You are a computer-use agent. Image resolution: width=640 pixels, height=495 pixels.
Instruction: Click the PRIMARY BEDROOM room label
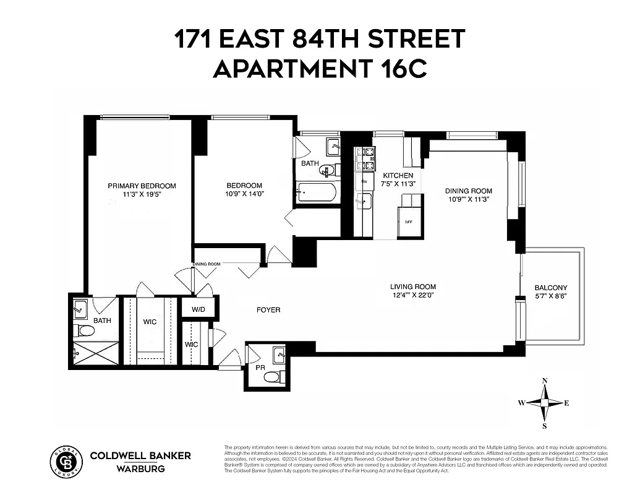click(142, 186)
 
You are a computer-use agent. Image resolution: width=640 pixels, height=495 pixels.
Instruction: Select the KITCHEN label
click(393, 176)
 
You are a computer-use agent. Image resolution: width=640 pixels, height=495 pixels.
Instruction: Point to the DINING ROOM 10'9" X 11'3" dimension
click(469, 200)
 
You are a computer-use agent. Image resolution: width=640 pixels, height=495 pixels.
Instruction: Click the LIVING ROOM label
click(412, 286)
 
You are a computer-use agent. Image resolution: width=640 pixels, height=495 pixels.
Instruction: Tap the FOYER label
click(268, 309)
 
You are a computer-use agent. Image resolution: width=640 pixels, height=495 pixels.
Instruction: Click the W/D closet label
click(198, 309)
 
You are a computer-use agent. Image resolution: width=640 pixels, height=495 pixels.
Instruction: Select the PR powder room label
click(260, 368)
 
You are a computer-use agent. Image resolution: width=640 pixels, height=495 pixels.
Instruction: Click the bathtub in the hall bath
click(316, 193)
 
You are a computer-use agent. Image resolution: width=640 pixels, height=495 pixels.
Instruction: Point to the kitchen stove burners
click(365, 158)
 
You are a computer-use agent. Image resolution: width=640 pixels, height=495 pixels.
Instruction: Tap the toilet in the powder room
click(282, 376)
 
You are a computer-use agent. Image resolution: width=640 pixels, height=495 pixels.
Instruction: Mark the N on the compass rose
click(544, 381)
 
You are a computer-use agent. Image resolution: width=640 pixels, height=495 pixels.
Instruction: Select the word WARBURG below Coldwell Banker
click(140, 468)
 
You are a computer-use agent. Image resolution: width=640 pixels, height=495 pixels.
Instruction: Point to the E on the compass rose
click(566, 403)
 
